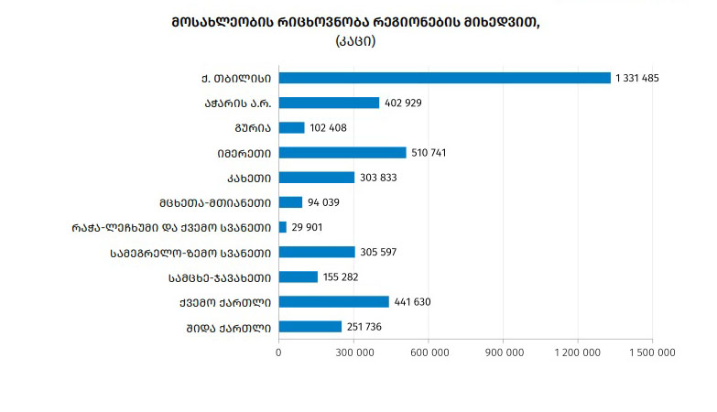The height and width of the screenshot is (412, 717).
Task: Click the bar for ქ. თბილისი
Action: click(x=444, y=78)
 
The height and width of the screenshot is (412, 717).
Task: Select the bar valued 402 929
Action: click(x=329, y=103)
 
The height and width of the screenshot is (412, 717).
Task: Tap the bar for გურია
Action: click(x=291, y=127)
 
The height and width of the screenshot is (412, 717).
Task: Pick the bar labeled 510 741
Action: click(x=342, y=152)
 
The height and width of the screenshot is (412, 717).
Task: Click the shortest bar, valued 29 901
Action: click(x=282, y=227)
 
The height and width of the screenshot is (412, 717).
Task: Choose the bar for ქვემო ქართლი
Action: click(x=333, y=301)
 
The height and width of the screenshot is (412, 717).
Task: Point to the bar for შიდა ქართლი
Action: click(x=310, y=326)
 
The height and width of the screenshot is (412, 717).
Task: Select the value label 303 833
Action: click(x=375, y=178)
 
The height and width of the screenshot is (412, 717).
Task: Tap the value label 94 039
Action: click(x=323, y=202)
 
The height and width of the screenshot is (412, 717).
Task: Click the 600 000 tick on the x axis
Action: click(x=429, y=351)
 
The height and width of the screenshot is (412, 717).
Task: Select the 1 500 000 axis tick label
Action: click(x=653, y=351)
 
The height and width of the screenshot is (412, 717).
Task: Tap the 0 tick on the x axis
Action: click(x=278, y=351)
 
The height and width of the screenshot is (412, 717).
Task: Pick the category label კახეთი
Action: click(x=244, y=178)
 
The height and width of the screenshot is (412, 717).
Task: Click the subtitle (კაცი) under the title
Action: click(x=355, y=41)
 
